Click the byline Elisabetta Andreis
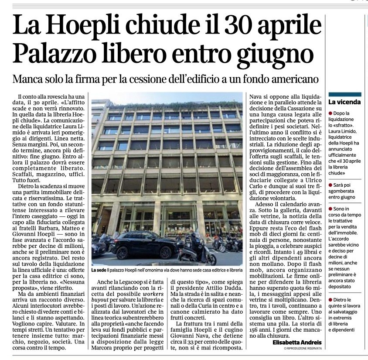coord(297,343)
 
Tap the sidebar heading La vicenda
coord(344,102)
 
